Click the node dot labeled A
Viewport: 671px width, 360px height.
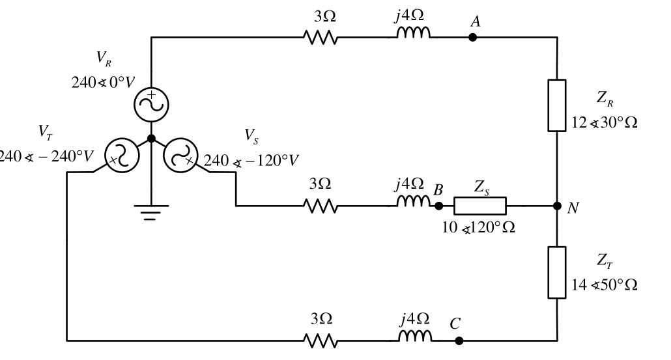(472, 37)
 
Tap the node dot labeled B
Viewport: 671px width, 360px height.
(438, 206)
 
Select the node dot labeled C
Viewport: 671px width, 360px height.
(459, 340)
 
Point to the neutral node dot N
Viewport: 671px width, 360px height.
(557, 206)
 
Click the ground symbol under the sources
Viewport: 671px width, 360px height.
(151, 212)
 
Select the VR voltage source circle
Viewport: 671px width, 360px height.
(151, 105)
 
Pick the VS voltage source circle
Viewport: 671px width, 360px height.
(180, 155)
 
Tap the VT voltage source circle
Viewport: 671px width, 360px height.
(122, 155)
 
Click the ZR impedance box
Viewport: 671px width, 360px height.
(557, 105)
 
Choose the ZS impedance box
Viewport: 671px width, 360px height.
(480, 206)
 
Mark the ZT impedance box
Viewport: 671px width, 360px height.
(557, 272)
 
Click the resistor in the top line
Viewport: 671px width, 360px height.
(321, 37)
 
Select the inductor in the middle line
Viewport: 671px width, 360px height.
(414, 201)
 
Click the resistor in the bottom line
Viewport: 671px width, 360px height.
(321, 340)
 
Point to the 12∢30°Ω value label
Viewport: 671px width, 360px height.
(605, 122)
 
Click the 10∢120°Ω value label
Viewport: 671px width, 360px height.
(478, 227)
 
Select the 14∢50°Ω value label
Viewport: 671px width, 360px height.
(605, 284)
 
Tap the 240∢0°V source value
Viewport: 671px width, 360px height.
(103, 82)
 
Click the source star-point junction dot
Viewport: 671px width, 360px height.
(151, 139)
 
